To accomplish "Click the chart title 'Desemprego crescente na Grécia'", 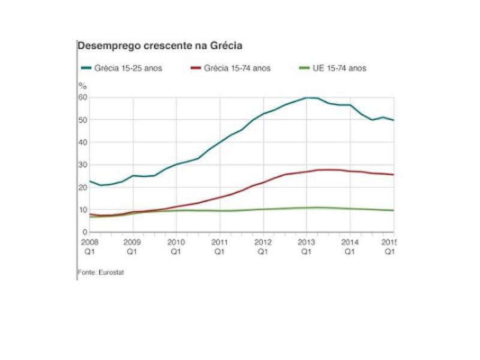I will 159,46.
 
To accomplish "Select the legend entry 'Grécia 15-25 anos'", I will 127,68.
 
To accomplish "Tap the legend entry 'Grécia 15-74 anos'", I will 236,68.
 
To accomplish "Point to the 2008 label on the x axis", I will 89,242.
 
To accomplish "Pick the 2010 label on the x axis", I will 176,242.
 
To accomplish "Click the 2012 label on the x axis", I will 263,242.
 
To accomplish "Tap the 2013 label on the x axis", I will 306,242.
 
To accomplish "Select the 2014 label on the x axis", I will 349,242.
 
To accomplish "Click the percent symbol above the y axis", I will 83,85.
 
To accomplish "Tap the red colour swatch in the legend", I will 196,68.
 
